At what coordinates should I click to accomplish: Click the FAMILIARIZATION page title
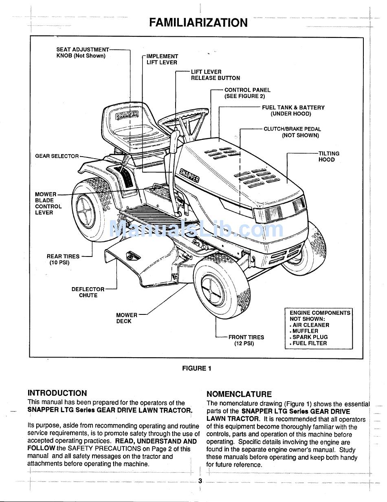(198, 22)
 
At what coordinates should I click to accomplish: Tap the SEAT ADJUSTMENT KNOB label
(83, 53)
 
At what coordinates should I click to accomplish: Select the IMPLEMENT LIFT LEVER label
(162, 59)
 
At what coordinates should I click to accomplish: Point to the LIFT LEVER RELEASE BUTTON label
(215, 75)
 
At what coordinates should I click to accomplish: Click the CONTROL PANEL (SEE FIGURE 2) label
(247, 93)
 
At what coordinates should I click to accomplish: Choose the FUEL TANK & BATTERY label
(293, 111)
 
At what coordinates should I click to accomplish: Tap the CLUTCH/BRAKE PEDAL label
(292, 132)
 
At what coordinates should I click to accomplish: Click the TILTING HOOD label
(328, 157)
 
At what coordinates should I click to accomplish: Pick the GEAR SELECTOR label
(57, 156)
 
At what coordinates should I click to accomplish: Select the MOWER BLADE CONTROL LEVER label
(48, 203)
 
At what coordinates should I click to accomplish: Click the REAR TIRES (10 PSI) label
(63, 259)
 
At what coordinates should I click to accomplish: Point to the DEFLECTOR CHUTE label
(88, 292)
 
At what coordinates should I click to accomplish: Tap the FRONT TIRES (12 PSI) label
(246, 340)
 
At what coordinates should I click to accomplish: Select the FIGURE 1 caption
(196, 368)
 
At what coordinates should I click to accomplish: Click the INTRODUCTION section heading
(57, 393)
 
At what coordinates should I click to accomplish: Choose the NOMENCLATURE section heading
(239, 394)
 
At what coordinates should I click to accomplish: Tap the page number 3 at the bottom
(200, 481)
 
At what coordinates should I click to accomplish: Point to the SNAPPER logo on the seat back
(127, 115)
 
